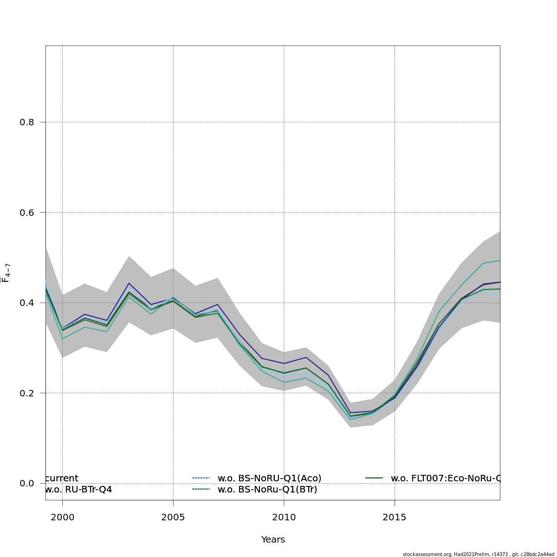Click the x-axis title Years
273,540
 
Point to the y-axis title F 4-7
6,273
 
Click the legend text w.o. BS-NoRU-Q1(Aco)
269,479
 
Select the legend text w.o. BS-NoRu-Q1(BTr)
267,489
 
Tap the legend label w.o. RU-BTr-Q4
78,489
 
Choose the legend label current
62,479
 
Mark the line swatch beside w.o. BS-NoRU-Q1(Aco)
201,478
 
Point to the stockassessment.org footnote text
478,554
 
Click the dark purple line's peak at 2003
129,283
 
